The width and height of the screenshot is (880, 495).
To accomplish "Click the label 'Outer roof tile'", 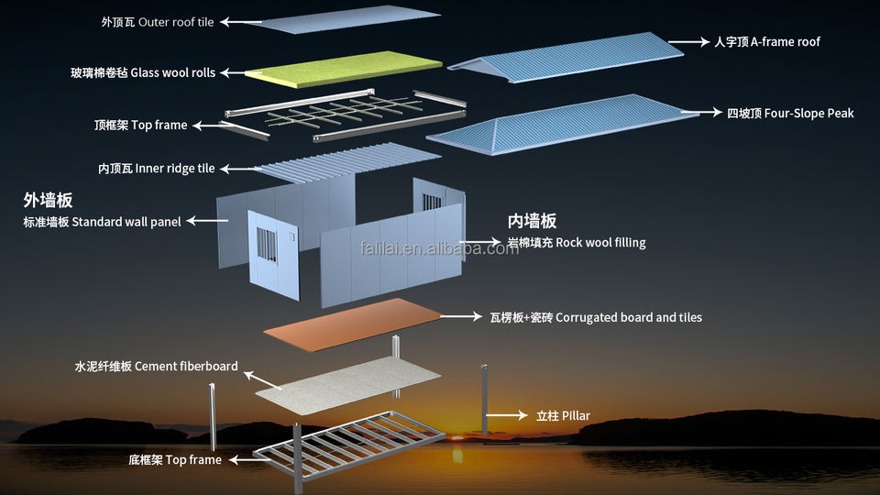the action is click(176, 22).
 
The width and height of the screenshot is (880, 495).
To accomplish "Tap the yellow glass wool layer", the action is click(344, 69).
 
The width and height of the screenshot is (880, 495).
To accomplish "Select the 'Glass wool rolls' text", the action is click(173, 73).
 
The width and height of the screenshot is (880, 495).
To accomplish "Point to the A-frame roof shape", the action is click(566, 57).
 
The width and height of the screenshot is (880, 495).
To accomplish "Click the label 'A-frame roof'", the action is click(786, 42).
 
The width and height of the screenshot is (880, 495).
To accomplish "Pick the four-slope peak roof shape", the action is click(562, 124).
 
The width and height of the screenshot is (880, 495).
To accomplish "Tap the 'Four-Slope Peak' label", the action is click(808, 114).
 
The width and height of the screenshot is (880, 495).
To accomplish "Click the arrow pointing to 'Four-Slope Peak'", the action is click(701, 112).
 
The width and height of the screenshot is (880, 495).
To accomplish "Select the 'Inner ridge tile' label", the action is click(174, 169).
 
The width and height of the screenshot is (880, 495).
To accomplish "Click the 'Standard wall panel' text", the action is click(126, 222).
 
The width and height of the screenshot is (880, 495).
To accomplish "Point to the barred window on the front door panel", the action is click(267, 245).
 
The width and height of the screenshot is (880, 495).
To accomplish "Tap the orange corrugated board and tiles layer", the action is click(352, 324).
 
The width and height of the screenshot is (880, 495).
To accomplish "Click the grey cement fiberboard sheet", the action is click(348, 386).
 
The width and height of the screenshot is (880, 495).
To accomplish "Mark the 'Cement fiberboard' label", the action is click(186, 367).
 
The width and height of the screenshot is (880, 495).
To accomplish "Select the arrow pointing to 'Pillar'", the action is click(507, 415).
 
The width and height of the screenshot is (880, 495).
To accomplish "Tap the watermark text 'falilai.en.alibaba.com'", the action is click(439, 247).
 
